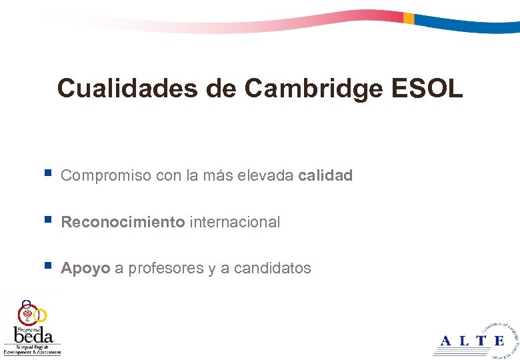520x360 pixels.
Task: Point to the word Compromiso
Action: click(x=105, y=176)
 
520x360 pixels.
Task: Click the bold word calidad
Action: click(x=325, y=176)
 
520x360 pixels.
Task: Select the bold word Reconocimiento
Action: click(x=123, y=222)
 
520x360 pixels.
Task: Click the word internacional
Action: click(x=235, y=222)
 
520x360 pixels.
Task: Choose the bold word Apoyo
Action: click(x=85, y=268)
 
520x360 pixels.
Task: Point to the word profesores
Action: click(x=166, y=268)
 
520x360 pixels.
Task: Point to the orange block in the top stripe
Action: click(x=409, y=19)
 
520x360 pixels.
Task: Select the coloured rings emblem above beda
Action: click(x=31, y=311)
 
